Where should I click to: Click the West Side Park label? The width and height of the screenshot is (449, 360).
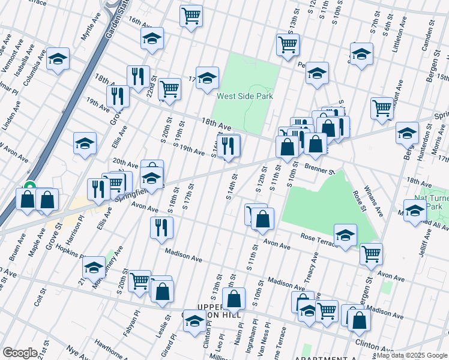tap(245, 96)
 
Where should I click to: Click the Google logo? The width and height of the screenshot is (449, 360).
tap(20, 353)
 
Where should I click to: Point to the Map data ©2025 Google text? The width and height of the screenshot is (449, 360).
tap(411, 355)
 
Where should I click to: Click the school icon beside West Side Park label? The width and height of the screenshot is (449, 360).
tap(207, 78)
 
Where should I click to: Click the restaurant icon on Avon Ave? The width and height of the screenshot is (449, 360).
tap(161, 227)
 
